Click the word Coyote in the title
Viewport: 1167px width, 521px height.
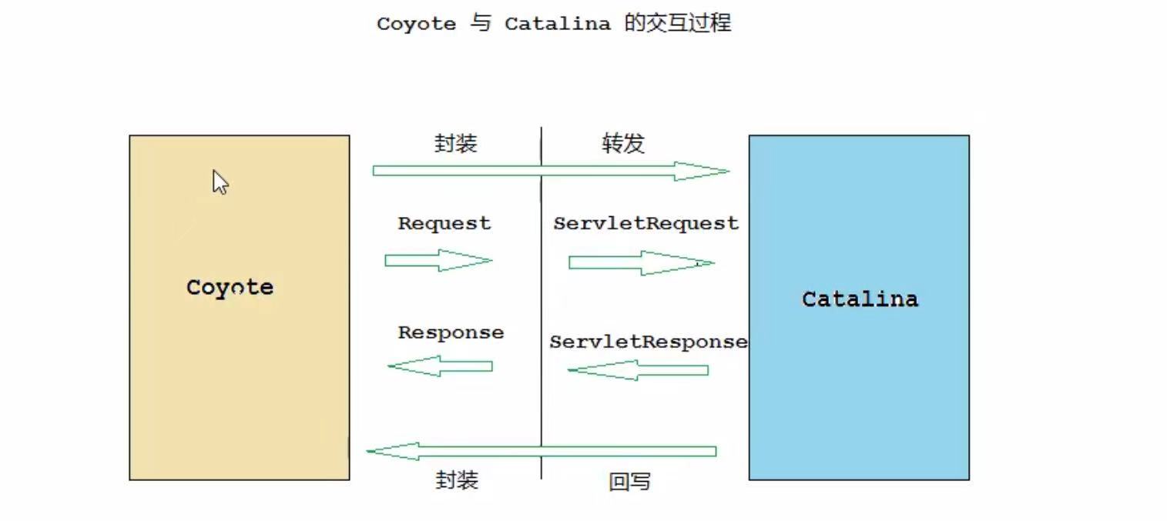(416, 24)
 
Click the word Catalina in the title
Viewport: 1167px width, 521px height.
(557, 24)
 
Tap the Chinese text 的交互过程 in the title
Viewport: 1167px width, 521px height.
(678, 23)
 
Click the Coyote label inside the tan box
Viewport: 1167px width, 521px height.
(230, 288)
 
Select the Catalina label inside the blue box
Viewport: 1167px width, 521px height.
(860, 299)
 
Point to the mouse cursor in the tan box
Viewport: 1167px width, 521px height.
(220, 182)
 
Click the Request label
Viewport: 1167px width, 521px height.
(444, 223)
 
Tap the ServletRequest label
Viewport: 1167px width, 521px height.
(646, 223)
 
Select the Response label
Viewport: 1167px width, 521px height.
(451, 332)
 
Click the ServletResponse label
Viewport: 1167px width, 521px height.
(648, 342)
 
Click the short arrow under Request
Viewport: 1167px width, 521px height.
(438, 260)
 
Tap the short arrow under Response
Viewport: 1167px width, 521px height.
(440, 366)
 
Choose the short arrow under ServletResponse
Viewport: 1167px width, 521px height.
(638, 370)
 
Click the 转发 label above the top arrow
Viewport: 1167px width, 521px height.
(622, 144)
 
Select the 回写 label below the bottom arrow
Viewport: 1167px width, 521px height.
(629, 482)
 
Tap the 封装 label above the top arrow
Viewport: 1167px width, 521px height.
(456, 143)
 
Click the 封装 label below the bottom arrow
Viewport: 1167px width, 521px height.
(457, 480)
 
